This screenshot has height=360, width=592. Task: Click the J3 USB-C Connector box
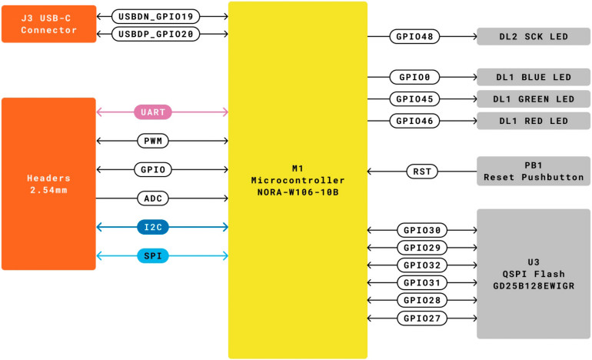(x=49, y=24)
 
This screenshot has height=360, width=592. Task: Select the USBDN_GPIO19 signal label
(x=155, y=17)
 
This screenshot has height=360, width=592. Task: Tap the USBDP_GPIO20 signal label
(x=155, y=34)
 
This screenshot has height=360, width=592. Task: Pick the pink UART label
(x=153, y=112)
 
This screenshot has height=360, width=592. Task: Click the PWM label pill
(x=153, y=141)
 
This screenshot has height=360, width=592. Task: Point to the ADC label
(x=153, y=198)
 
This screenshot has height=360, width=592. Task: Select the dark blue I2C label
(x=153, y=227)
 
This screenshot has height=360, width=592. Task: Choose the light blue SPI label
(x=153, y=255)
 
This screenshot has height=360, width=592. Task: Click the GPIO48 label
(x=414, y=37)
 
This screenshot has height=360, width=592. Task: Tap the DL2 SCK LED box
(x=534, y=37)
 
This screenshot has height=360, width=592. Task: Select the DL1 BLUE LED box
(x=534, y=77)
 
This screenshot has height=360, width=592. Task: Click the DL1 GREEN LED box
(x=534, y=99)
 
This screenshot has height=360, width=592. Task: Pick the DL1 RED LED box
(x=534, y=121)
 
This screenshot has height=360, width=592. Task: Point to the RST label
(x=422, y=172)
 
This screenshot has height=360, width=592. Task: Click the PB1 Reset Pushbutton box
(x=534, y=171)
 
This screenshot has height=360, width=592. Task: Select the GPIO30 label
(x=422, y=230)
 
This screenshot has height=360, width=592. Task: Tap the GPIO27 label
(x=422, y=318)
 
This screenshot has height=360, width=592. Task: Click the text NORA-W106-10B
(x=298, y=192)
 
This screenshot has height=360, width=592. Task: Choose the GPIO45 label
(x=414, y=99)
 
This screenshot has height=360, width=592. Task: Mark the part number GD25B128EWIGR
(x=534, y=286)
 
